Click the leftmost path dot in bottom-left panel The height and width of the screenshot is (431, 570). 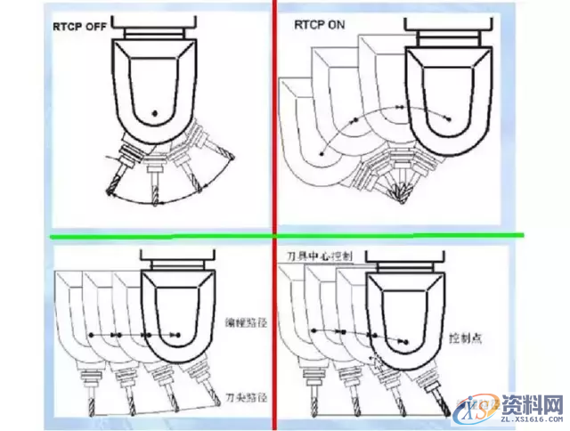click(90, 335)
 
